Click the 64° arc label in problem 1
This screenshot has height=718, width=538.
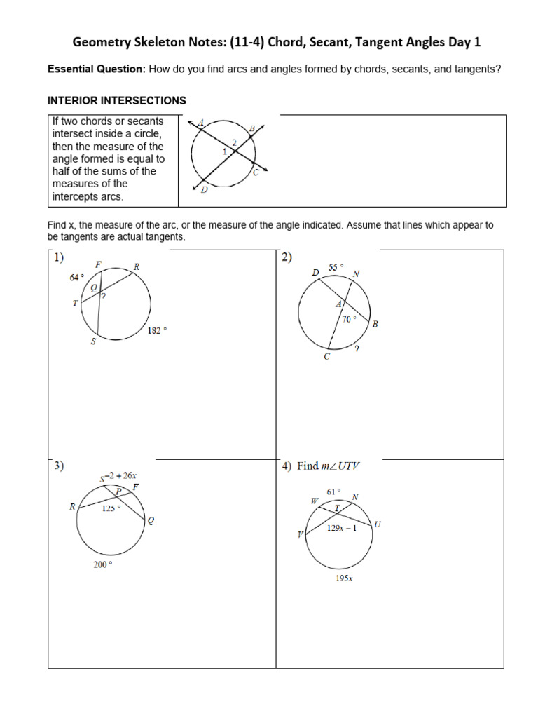[x=76, y=278]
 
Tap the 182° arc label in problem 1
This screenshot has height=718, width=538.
[x=158, y=330]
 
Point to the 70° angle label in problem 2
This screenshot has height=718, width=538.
[x=349, y=319]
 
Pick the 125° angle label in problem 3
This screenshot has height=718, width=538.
[x=111, y=509]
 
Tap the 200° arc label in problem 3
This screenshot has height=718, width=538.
[x=102, y=565]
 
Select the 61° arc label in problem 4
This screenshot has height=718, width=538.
[x=333, y=492]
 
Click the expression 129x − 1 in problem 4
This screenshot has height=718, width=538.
[x=342, y=529]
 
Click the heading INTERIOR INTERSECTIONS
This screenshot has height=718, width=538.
[x=116, y=101]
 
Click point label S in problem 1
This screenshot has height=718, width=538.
[x=93, y=342]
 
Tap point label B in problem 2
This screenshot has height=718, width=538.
[x=375, y=324]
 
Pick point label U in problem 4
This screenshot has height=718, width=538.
[x=378, y=524]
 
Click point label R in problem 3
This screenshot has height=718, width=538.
[x=72, y=506]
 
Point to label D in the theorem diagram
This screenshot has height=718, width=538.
[x=204, y=189]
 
